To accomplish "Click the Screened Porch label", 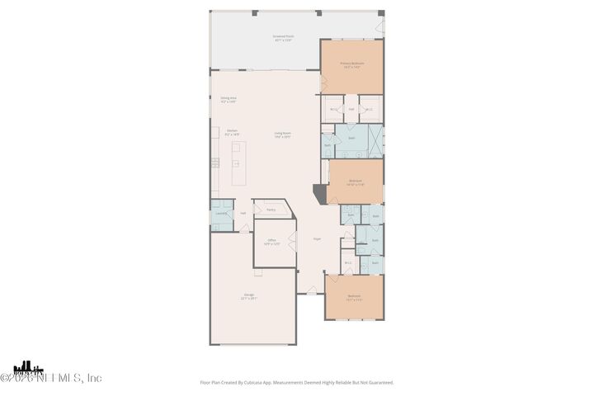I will [283, 38].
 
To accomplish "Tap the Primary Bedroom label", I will [352, 65].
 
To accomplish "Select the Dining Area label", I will [229, 100].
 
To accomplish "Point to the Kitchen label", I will [233, 132].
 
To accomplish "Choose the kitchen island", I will [239, 163].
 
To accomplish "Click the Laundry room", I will [220, 214].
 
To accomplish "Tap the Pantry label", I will [271, 210].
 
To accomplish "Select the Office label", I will [271, 242].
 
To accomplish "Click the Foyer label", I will [317, 239].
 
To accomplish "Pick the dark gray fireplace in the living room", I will [319, 195].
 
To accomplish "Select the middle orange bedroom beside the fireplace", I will [356, 181].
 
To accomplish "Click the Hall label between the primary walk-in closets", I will [351, 109].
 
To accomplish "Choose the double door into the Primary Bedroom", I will [323, 82].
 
